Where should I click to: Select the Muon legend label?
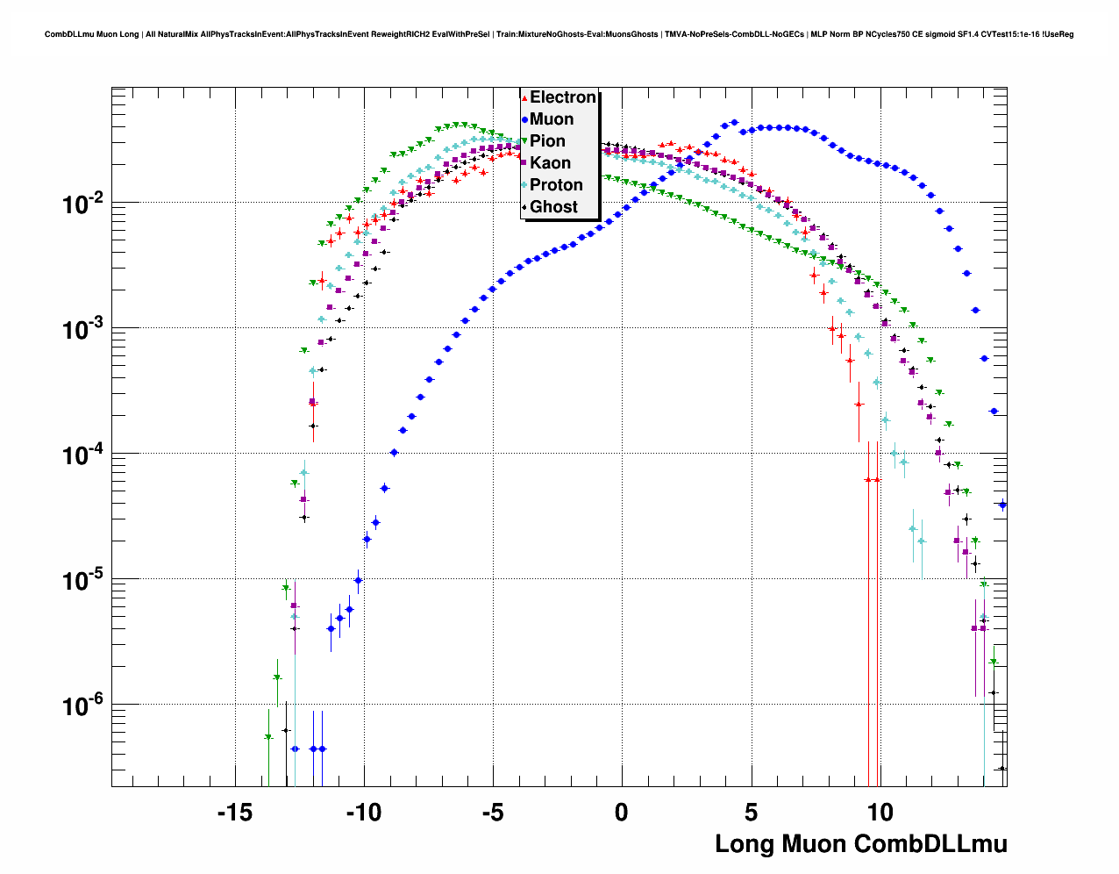tap(552, 119)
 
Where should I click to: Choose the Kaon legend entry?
tap(550, 163)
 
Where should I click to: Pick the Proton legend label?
tap(556, 185)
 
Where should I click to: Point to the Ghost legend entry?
tap(553, 207)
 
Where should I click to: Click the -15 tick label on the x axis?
tap(234, 813)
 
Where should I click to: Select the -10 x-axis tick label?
tap(363, 813)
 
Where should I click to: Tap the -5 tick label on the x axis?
tap(493, 813)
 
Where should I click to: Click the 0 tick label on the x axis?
tap(622, 813)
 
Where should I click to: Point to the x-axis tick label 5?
tap(751, 813)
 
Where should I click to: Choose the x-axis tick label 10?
tap(880, 813)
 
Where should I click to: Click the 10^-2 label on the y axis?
tap(82, 204)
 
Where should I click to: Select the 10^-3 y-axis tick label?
tap(82, 330)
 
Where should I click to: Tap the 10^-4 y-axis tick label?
tap(82, 455)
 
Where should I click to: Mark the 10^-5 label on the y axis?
tap(82, 581)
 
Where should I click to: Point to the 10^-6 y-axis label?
tap(82, 706)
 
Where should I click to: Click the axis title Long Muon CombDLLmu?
tap(861, 844)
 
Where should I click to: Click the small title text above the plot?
tap(559, 34)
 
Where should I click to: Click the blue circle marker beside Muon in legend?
tap(524, 119)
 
